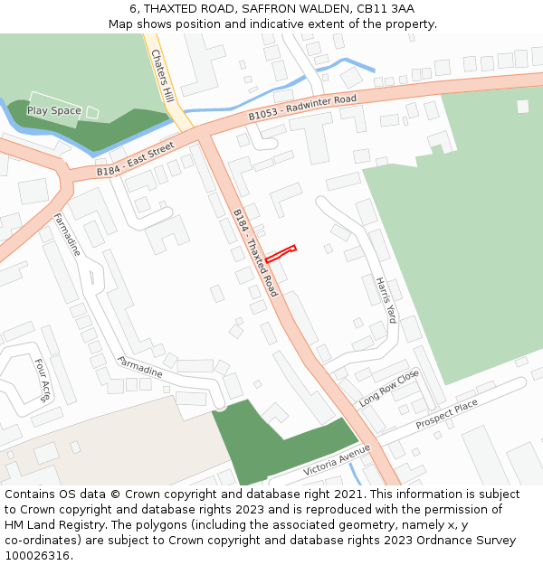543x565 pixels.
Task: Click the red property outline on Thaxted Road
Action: [x=281, y=254]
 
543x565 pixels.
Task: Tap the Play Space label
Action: [x=53, y=111]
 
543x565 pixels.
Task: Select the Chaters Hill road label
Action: [x=161, y=70]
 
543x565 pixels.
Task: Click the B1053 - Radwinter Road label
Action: [x=302, y=108]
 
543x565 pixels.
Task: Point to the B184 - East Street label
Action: [x=135, y=160]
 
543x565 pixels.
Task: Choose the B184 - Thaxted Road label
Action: [x=255, y=253]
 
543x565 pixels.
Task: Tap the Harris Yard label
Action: [x=386, y=299]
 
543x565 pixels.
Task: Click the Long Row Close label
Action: [x=389, y=388]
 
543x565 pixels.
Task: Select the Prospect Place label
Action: [x=446, y=415]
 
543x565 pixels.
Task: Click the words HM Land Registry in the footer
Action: [x=51, y=525]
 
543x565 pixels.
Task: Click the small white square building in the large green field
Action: [x=522, y=106]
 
